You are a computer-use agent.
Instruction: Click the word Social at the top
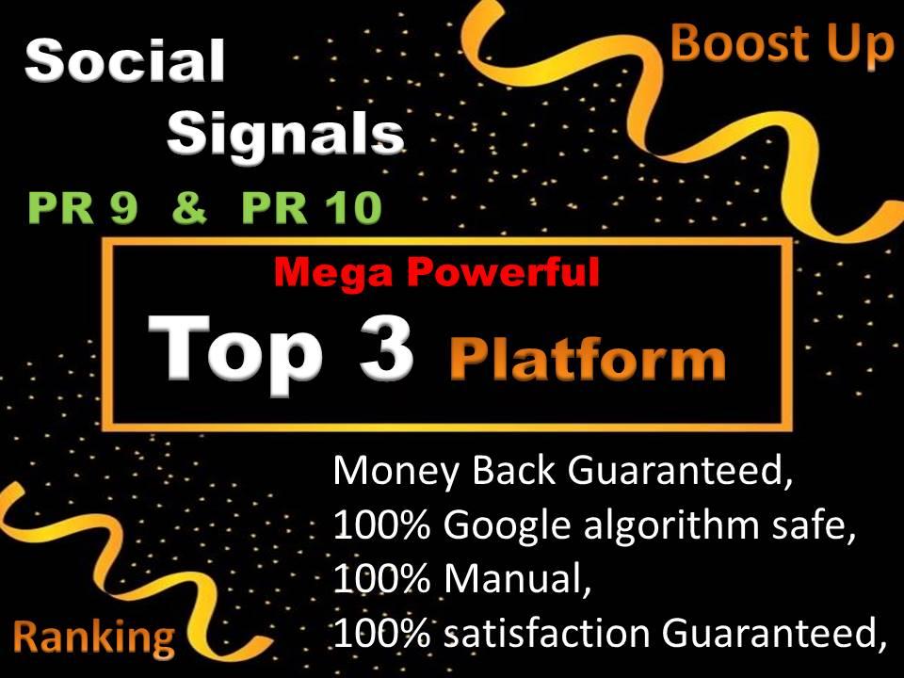125,63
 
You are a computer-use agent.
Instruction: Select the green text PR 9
83,209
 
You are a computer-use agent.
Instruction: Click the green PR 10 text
312,209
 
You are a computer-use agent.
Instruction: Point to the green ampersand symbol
190,209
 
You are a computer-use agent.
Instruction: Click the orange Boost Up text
781,43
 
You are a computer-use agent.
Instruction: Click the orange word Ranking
94,638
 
